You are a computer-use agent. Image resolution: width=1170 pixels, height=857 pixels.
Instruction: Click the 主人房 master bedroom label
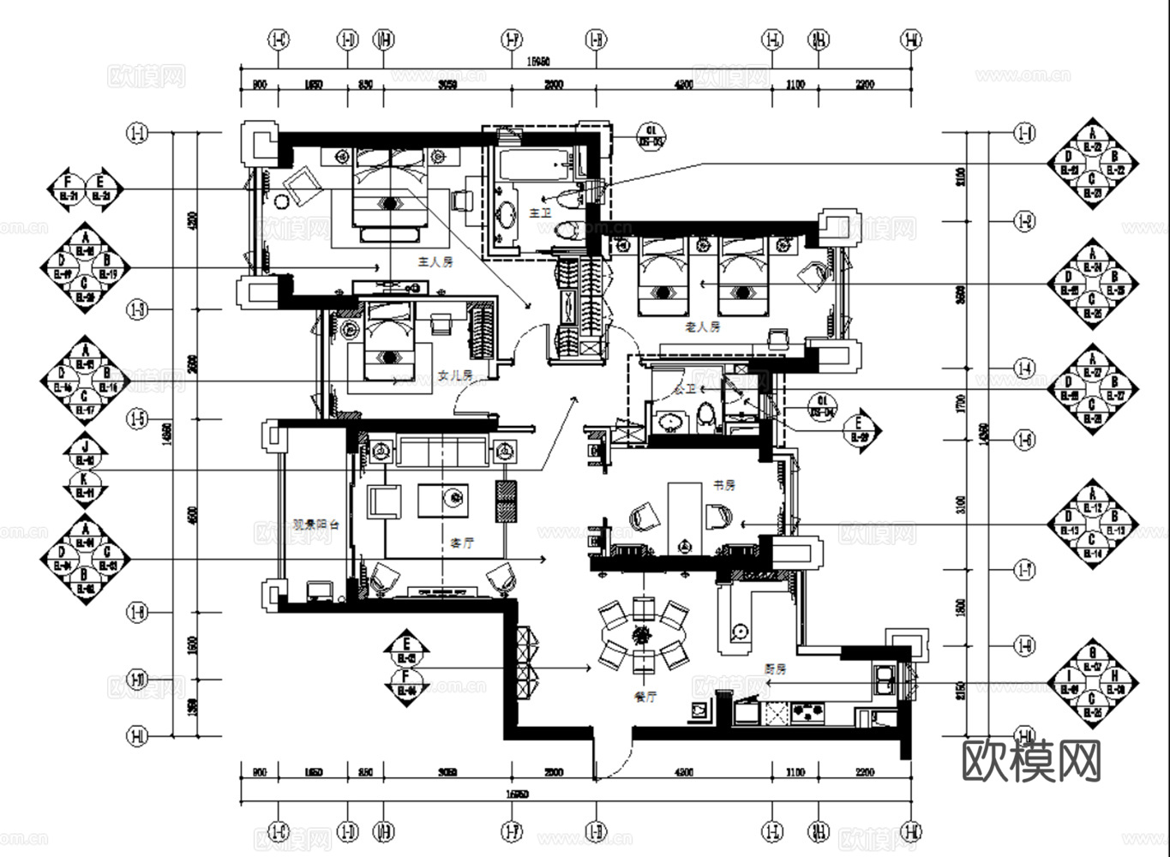tap(435, 262)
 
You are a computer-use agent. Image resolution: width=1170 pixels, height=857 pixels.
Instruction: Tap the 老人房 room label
tap(703, 327)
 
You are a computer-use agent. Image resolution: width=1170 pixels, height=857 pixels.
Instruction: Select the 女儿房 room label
tap(455, 375)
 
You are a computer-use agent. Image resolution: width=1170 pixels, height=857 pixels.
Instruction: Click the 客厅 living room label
tap(463, 543)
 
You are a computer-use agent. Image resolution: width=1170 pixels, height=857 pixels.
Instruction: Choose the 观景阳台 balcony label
tap(316, 524)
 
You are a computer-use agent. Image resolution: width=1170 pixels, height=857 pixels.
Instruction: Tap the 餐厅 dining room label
tap(645, 698)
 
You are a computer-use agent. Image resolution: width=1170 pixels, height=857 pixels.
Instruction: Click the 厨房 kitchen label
tap(776, 669)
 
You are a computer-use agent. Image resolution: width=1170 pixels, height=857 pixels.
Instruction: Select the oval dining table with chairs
tap(641, 635)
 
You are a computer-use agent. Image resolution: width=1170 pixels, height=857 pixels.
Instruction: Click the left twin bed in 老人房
tap(663, 276)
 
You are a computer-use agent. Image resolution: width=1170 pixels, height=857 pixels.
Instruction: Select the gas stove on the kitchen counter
tap(806, 710)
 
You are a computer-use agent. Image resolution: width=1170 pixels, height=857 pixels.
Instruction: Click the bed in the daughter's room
tap(389, 341)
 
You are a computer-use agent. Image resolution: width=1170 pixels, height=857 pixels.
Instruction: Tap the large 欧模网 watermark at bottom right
tap(1031, 760)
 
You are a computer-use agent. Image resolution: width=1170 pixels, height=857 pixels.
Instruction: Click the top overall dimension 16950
tap(538, 61)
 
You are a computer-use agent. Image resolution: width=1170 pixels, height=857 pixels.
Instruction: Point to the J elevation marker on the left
tap(84, 447)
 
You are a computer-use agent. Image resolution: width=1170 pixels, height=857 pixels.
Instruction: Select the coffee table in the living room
tap(443, 500)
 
